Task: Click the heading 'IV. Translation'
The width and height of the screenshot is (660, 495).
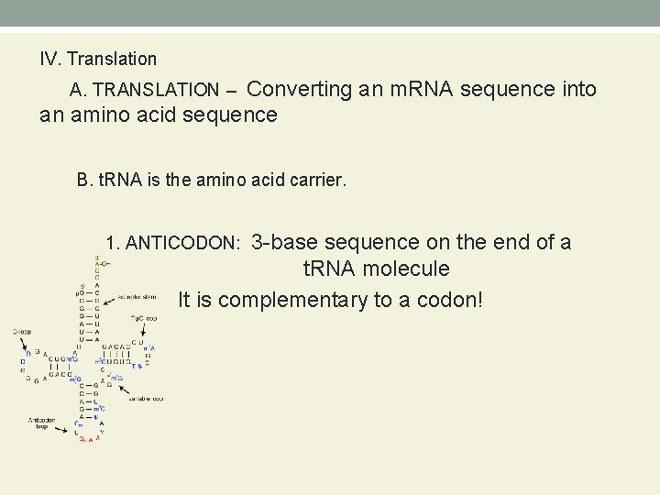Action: click(x=98, y=59)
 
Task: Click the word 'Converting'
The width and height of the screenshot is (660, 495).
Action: click(x=300, y=89)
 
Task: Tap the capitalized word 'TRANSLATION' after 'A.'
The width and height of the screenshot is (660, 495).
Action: click(x=156, y=90)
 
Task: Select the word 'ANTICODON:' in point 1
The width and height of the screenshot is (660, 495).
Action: click(x=182, y=243)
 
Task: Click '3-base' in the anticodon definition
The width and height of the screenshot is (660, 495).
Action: click(x=285, y=242)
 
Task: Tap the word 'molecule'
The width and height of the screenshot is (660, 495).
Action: click(x=406, y=269)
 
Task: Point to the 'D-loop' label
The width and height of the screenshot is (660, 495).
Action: click(x=22, y=331)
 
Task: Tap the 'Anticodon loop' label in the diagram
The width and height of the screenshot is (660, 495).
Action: click(x=41, y=423)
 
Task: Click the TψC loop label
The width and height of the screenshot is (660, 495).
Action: click(x=144, y=319)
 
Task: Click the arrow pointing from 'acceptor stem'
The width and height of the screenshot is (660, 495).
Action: click(x=114, y=300)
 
